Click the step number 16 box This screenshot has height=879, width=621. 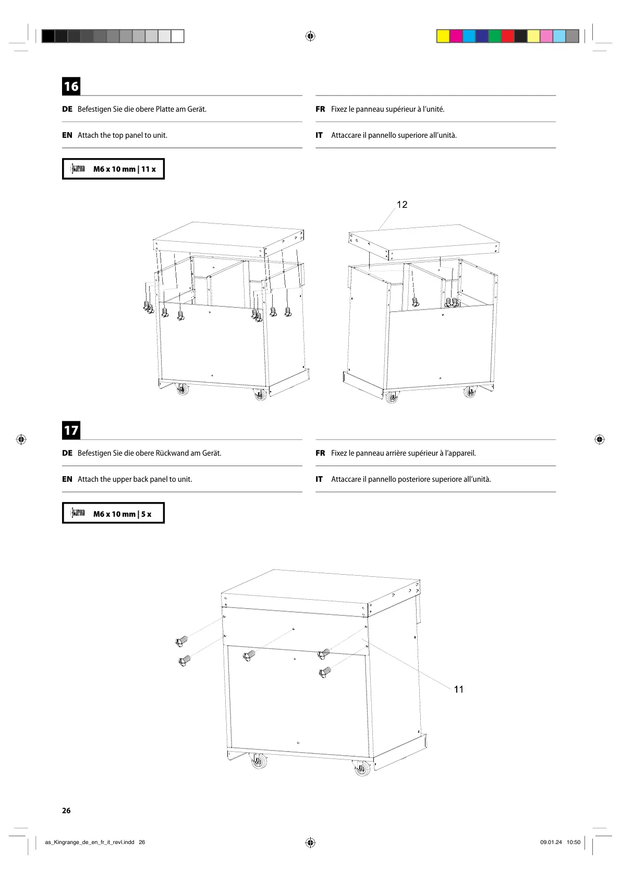71,86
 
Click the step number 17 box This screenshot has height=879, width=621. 71,430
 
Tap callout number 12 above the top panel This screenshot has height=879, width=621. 402,205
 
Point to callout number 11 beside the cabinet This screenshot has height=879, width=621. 459,690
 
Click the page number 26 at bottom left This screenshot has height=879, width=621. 66,811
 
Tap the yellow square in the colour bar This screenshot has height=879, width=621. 443,36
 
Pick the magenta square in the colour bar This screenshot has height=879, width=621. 456,36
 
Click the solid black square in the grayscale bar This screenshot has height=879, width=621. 48,36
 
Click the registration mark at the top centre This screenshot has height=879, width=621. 310,36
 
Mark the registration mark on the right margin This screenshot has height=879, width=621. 600,439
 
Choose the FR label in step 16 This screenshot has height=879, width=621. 320,109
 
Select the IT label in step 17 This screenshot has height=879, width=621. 319,479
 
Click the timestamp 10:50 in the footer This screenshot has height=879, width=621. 574,842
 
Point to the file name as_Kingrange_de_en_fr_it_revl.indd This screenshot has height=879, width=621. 90,842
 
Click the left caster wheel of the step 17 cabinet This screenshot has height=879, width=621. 259,762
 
